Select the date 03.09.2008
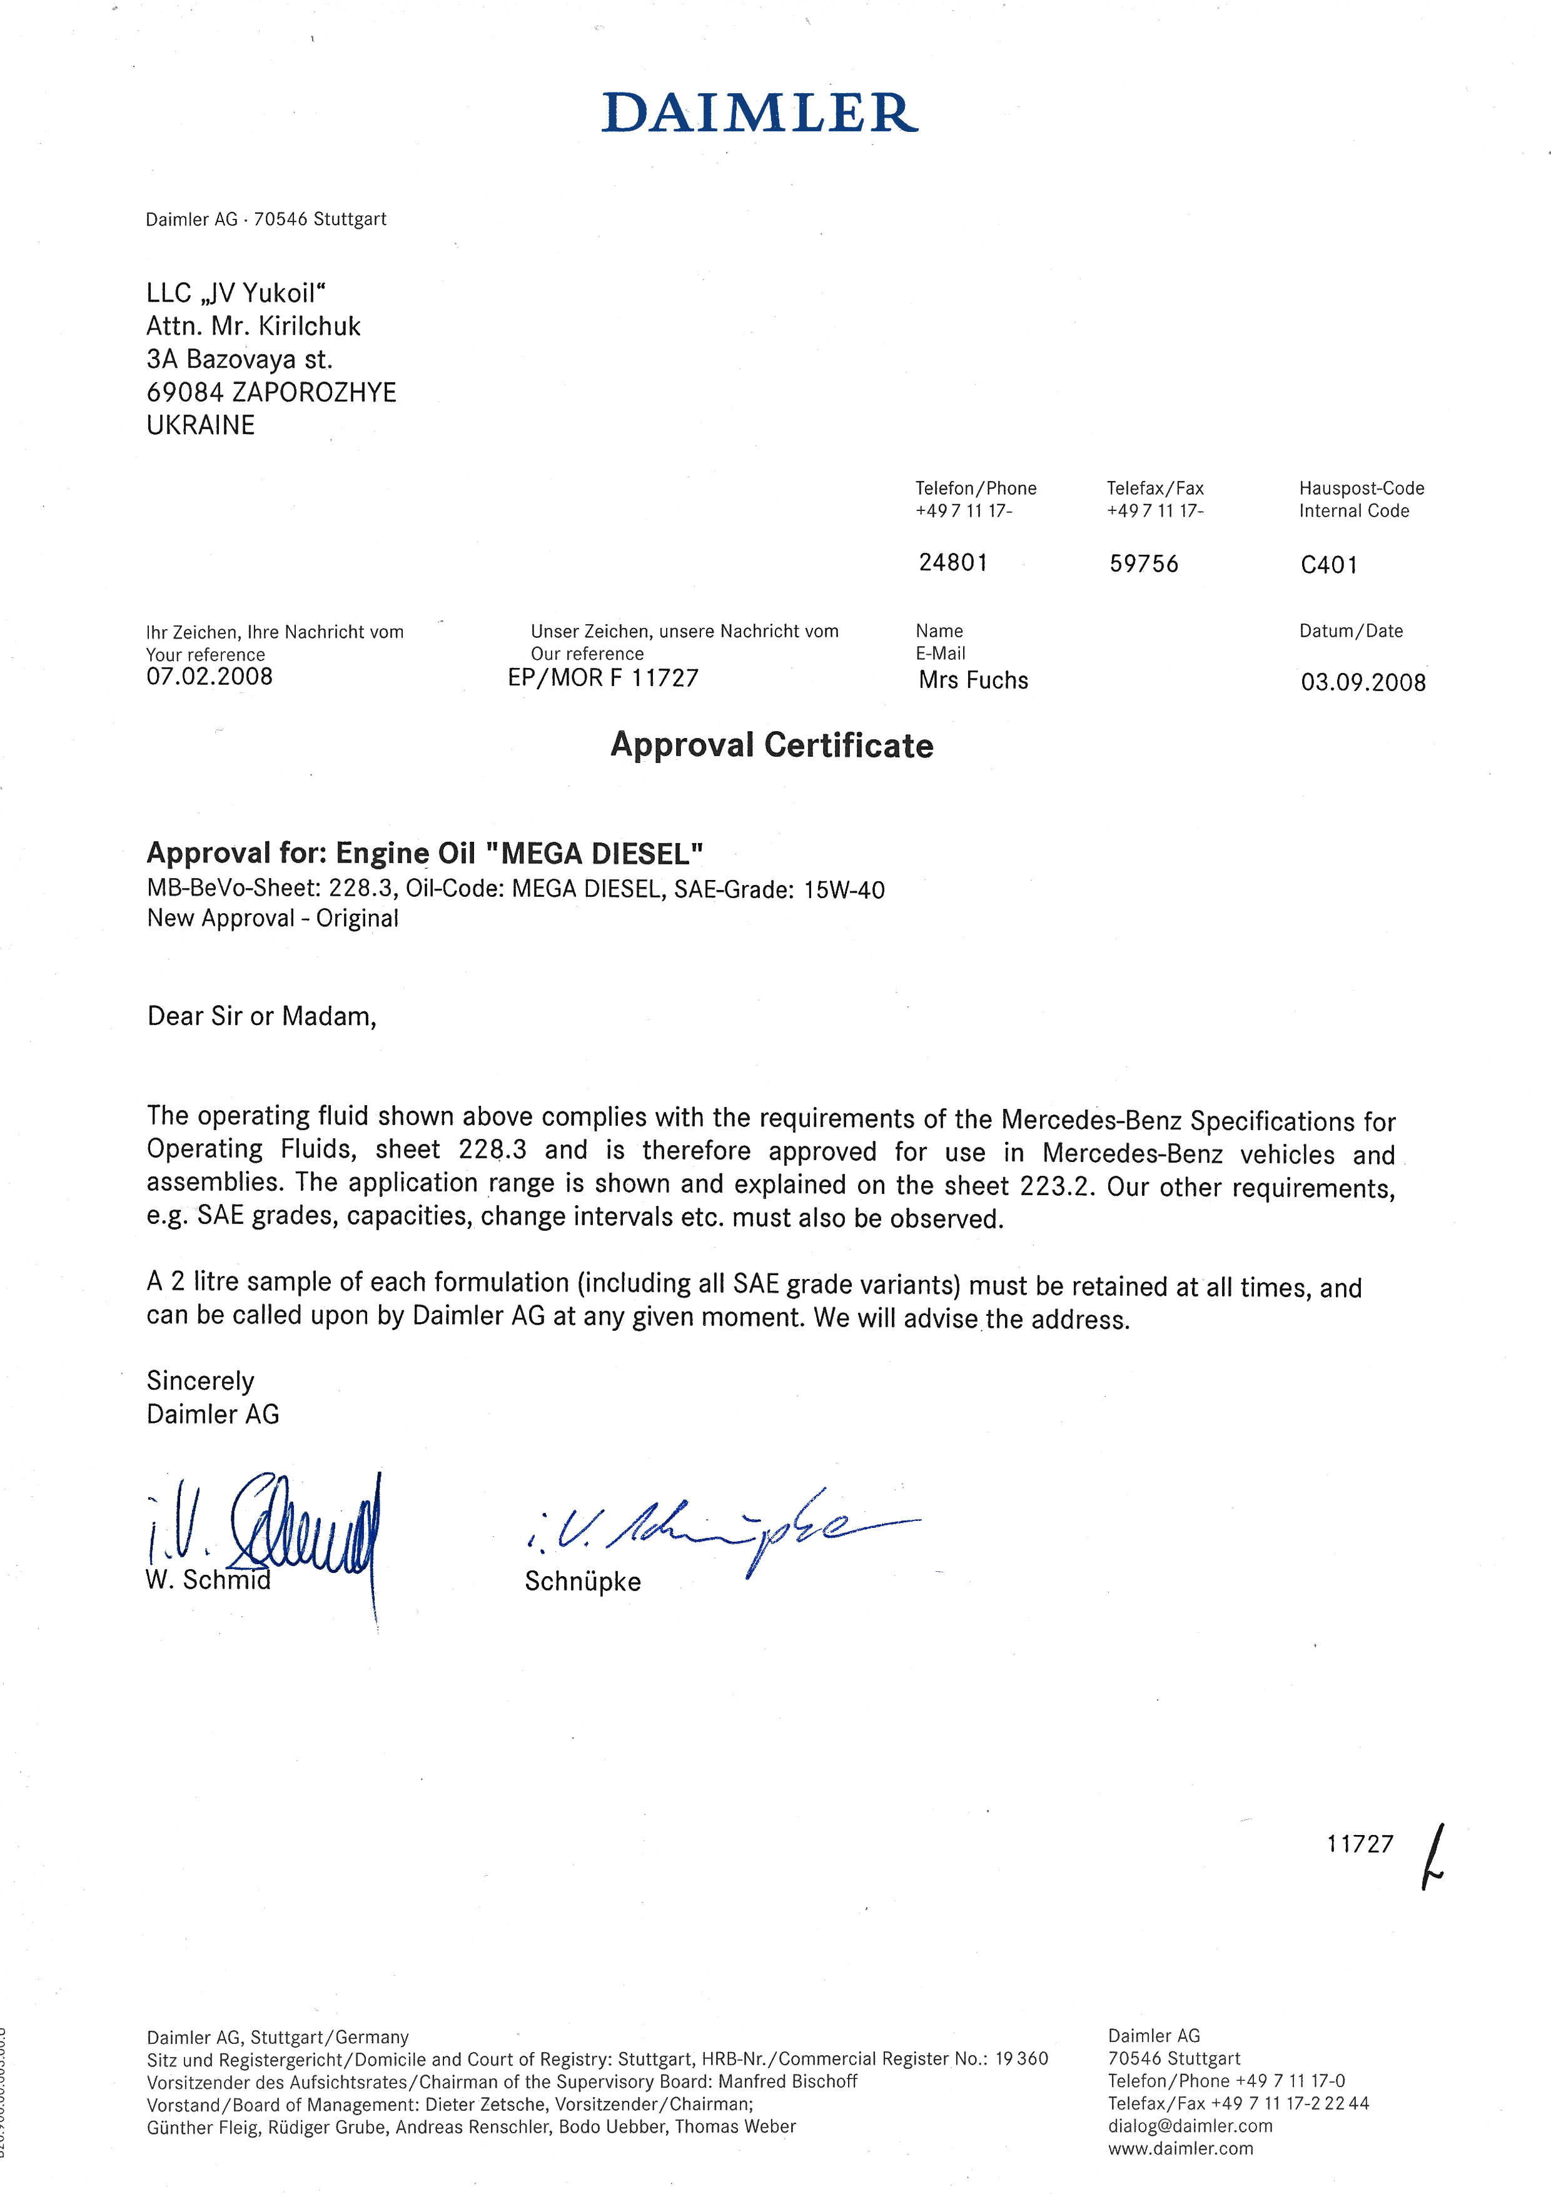(1363, 682)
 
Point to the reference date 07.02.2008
(210, 677)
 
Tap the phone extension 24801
(952, 563)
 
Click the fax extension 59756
(1144, 564)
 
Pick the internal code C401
(1328, 565)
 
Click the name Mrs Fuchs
(973, 680)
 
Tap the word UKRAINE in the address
(201, 425)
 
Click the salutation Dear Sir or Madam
(261, 1017)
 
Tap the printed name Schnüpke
(582, 1582)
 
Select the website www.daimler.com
(1180, 2148)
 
